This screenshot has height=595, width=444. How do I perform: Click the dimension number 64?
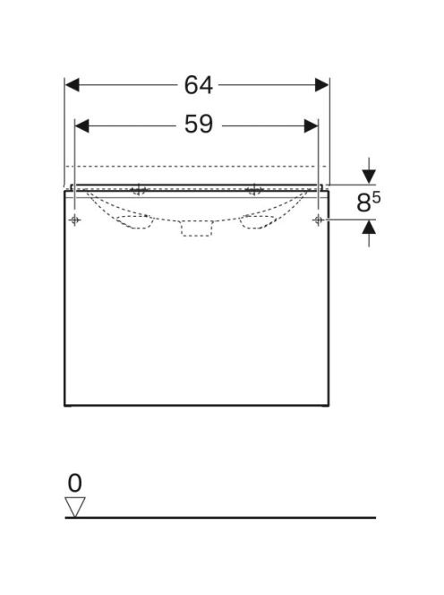coord(199,85)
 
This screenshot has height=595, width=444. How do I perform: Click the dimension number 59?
coord(199,124)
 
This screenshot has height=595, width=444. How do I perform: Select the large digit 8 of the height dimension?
coord(363,203)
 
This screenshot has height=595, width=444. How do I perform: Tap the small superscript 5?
coord(376,197)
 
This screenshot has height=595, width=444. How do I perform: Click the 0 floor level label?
coord(74,483)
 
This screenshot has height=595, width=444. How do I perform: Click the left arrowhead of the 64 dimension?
coord(72,85)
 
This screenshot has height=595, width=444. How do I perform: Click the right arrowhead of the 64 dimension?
coord(322,85)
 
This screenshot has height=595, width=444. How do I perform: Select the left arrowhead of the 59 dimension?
coord(81,126)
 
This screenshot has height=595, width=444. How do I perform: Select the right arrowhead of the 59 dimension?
coord(312,126)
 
